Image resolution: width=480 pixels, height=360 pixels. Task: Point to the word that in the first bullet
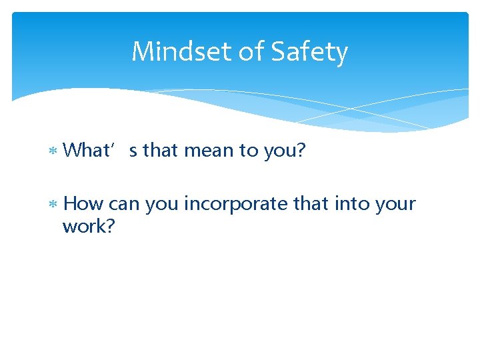click(x=160, y=151)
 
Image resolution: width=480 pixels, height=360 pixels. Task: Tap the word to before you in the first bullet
click(x=250, y=151)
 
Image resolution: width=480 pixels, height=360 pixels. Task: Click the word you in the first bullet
click(x=283, y=151)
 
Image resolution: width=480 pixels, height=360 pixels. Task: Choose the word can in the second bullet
click(x=124, y=203)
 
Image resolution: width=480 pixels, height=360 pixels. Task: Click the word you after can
click(x=161, y=203)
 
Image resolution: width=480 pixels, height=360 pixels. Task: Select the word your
click(x=395, y=203)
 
